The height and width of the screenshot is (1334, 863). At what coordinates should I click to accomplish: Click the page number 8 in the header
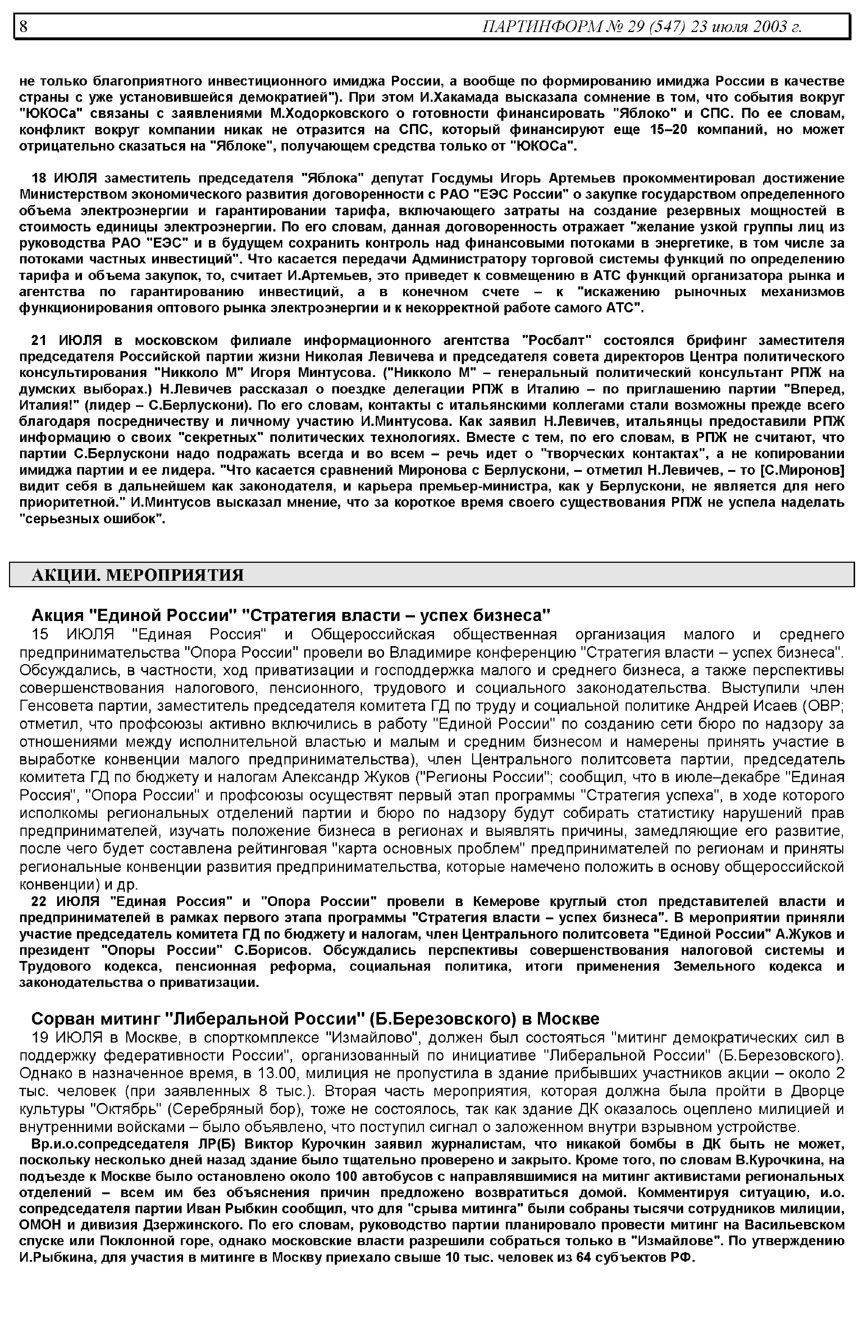click(23, 26)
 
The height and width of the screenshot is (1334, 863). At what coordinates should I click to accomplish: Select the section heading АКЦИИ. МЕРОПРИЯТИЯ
click(137, 575)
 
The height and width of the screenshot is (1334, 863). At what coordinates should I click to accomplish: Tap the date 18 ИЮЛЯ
click(64, 178)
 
